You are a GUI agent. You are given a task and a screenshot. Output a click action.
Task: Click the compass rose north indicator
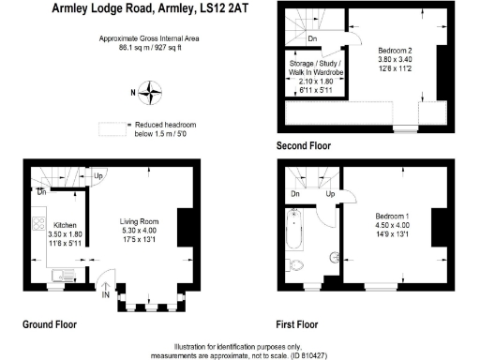point(148,92)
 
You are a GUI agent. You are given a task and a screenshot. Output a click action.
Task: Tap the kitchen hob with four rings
point(38,225)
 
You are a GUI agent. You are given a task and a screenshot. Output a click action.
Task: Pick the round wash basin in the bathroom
point(333,256)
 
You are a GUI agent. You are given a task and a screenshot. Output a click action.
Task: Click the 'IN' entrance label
point(107,294)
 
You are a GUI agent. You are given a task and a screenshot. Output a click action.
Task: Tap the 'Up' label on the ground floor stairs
point(98,174)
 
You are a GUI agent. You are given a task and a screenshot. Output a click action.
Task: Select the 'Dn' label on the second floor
point(311,38)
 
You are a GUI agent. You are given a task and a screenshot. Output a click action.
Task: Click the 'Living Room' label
point(141,221)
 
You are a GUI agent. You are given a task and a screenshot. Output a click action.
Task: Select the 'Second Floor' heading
point(304,146)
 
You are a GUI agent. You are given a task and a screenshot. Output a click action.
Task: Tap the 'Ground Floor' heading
point(49,324)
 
